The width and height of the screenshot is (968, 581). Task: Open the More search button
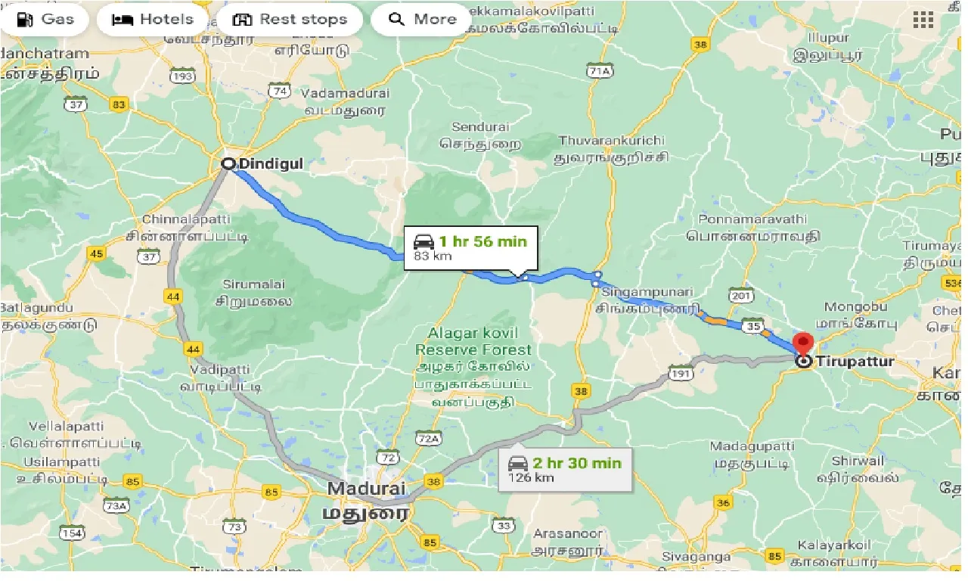[423, 20]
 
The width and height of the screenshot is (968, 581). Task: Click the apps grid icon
[923, 20]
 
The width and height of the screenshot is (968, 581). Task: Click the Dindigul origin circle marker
[227, 163]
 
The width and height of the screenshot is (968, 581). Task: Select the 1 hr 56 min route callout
[470, 247]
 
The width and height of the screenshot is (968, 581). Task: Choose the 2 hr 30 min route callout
[566, 468]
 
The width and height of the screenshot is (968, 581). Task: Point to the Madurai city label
[366, 489]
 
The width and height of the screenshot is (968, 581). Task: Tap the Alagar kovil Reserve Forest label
[473, 341]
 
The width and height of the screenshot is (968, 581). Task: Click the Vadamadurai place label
[345, 93]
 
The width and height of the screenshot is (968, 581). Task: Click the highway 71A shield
[598, 71]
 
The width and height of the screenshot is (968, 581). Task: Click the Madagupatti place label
[752, 446]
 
